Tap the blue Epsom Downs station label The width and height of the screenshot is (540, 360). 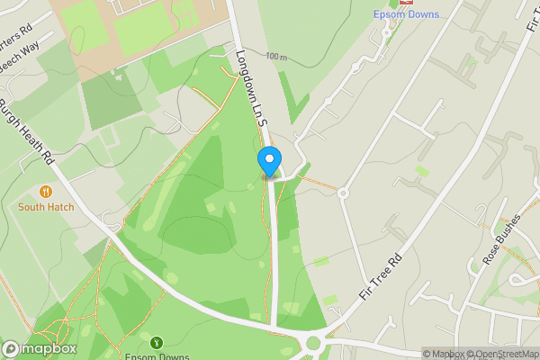click(406, 14)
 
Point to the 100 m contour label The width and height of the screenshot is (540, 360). click(275, 58)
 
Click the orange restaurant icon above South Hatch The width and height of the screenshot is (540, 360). click(45, 191)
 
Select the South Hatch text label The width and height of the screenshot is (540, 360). click(45, 206)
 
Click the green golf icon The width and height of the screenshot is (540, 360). click(157, 342)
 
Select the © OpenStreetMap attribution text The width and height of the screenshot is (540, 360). click(502, 354)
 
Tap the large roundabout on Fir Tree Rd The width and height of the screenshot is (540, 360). click(315, 342)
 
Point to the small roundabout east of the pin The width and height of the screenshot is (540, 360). click(343, 193)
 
